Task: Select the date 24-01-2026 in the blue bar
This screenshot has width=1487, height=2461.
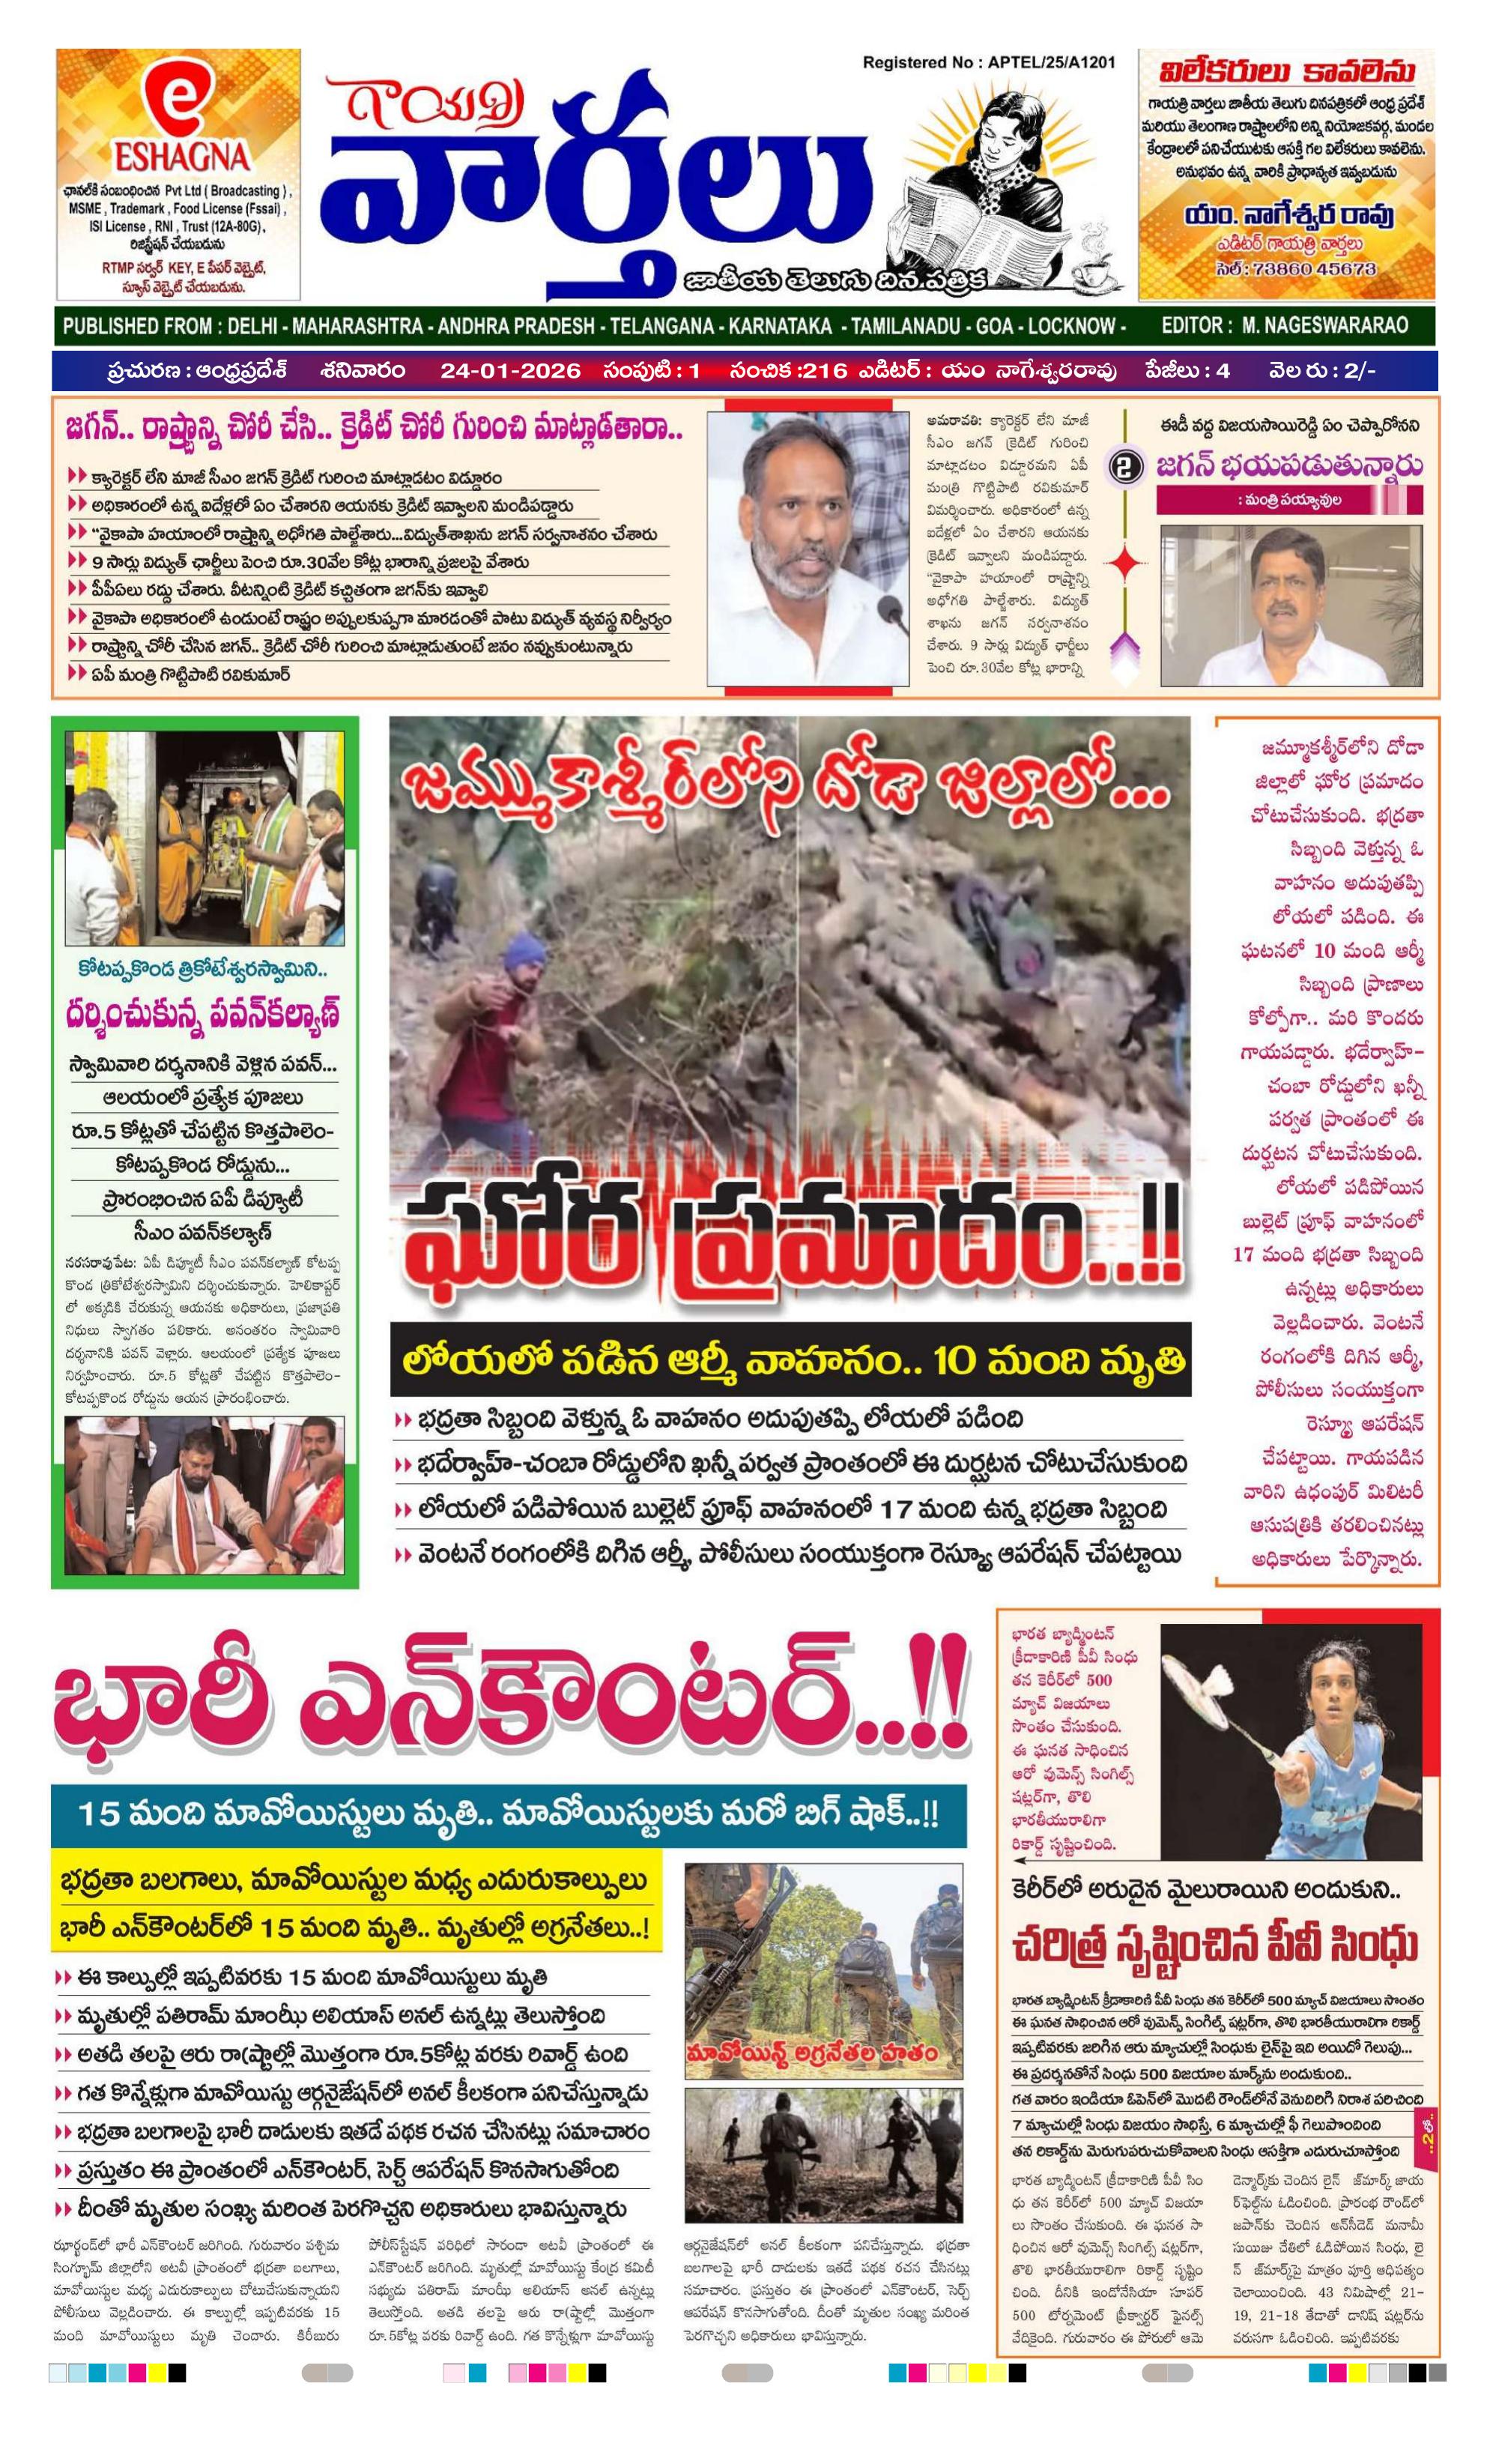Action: pyautogui.click(x=509, y=370)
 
